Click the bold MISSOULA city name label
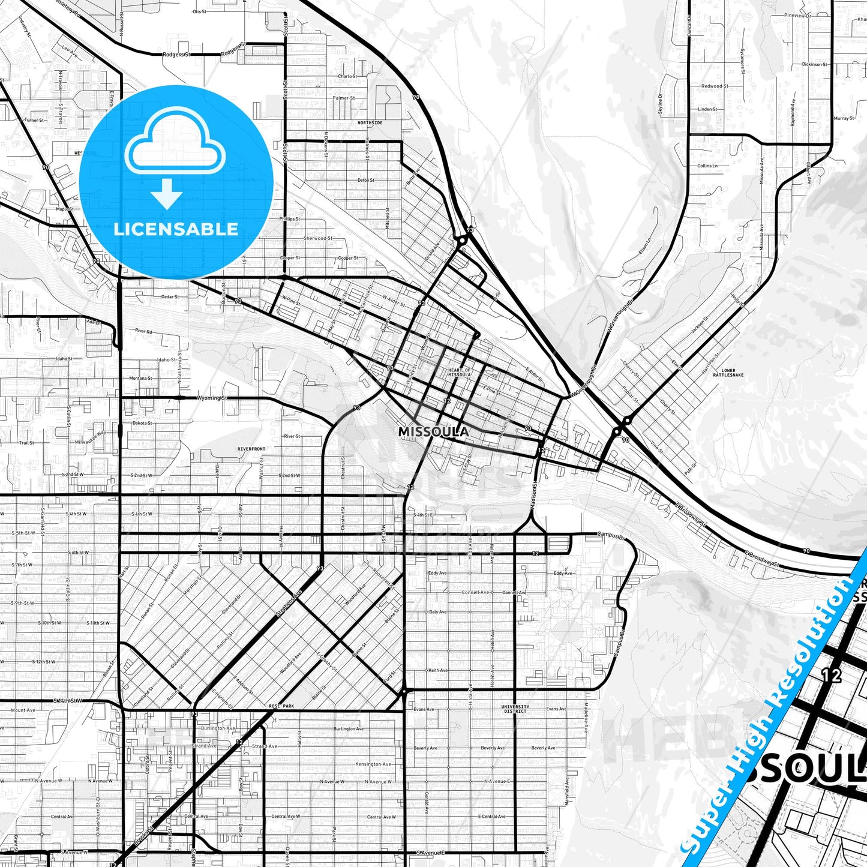point(433,432)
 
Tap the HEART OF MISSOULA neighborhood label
point(459,373)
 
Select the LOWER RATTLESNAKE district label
point(728,373)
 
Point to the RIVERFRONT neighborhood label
point(251,449)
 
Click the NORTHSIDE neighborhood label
point(370,123)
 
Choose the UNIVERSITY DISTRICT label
point(515,709)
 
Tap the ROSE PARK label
point(281,706)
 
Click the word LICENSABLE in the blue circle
point(176,229)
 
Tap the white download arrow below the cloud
point(167,193)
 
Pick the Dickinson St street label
point(814,64)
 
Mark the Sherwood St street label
point(318,239)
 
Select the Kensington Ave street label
point(373,764)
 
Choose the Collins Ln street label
point(707,166)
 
